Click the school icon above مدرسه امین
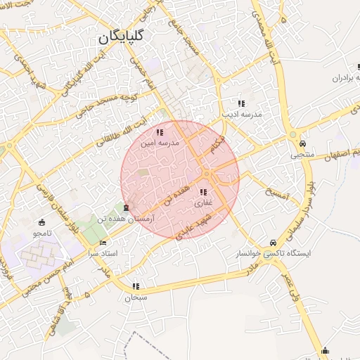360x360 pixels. (160, 131)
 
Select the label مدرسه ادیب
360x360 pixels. (242, 113)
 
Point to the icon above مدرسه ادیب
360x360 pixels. (241, 103)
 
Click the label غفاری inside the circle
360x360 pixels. (202, 202)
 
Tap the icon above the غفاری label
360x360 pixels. (203, 192)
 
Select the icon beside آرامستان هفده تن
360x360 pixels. (126, 207)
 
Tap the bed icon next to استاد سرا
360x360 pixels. (103, 242)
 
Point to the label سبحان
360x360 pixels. (137, 297)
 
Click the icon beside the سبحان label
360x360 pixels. (135, 287)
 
